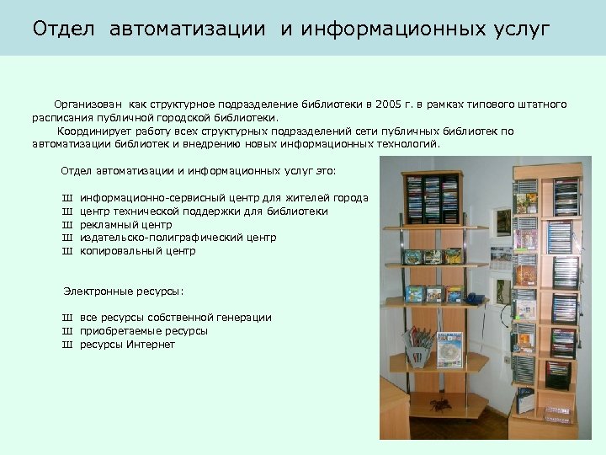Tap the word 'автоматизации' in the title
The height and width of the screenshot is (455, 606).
185,29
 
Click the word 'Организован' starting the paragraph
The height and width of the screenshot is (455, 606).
86,104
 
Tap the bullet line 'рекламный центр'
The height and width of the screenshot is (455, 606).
125,225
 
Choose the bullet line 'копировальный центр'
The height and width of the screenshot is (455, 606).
137,251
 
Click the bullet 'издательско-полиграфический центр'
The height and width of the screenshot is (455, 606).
178,238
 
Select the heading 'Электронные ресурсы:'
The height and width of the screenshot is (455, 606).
124,292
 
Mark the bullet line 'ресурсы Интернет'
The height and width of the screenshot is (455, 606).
127,345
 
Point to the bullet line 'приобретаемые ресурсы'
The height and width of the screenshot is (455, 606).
143,331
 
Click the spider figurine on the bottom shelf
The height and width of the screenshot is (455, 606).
439,406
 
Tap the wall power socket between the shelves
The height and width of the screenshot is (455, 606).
507,360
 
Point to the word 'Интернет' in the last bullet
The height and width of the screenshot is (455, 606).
151,345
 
